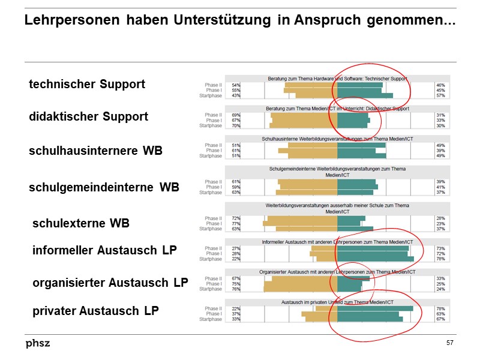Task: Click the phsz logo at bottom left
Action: pos(38,343)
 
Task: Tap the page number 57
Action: pos(449,343)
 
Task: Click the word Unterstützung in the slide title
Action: pos(223,20)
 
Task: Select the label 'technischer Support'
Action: pos(87,84)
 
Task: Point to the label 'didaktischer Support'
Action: pos(88,116)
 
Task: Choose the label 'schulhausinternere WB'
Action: pos(95,151)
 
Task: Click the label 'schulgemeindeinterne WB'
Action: pos(104,187)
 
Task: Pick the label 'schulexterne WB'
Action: pos(81,224)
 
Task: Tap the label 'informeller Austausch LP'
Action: pos(104,250)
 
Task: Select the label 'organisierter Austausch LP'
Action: pos(110,283)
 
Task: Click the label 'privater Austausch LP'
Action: pos(95,311)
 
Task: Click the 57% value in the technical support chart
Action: pos(440,95)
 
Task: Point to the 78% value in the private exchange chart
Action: pos(440,308)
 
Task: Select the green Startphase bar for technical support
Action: pos(365,95)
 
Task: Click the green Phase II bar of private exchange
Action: pos(375,308)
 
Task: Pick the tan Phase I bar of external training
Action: pos(300,224)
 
